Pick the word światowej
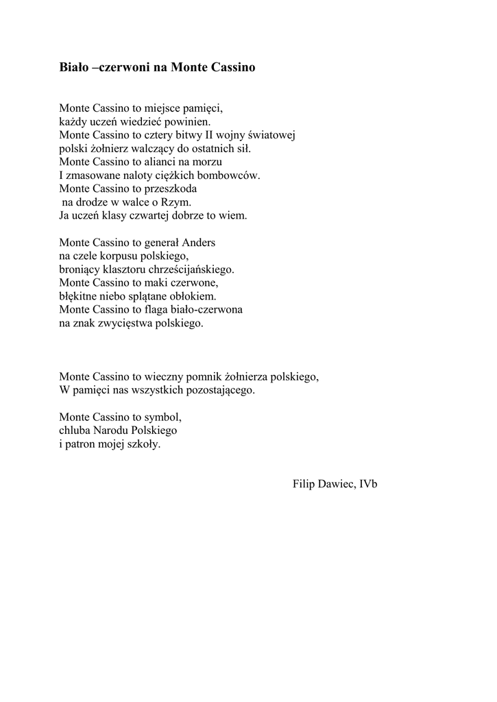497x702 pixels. (272, 135)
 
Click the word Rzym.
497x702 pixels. (176, 202)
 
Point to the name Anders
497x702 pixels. (199, 243)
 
